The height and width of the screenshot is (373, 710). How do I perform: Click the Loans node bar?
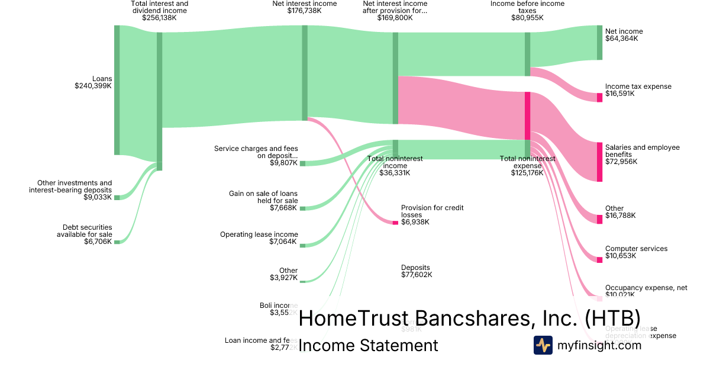point(117,90)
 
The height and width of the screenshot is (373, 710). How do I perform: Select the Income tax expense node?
point(599,97)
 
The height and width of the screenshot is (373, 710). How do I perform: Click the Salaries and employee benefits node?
point(599,162)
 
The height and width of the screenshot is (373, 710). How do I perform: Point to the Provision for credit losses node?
point(395,222)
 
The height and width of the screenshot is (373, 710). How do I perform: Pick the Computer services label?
point(636,249)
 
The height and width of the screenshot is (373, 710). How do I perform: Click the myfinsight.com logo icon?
point(543,345)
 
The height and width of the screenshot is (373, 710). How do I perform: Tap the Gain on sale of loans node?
point(302,208)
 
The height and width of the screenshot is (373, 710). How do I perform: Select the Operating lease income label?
point(259,234)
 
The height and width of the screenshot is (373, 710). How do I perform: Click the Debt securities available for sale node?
point(117,242)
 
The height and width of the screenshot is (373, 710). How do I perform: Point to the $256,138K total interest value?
point(159,18)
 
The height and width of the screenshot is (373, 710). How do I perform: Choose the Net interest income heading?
point(304,4)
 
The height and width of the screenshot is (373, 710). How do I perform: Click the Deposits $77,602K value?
point(416,275)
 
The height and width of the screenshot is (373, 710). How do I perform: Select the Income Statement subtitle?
point(368,346)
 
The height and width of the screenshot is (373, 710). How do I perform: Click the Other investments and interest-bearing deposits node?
point(117,197)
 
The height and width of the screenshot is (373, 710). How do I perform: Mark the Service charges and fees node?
point(302,163)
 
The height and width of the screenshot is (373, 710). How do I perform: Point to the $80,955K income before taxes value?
point(527,18)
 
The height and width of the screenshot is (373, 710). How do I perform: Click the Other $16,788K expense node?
point(599,219)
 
